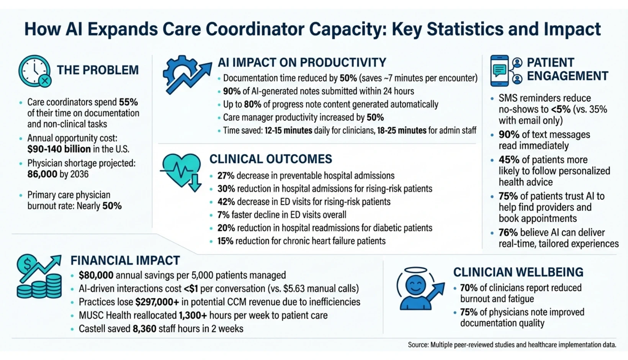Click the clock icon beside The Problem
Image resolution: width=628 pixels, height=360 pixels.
(x=34, y=71)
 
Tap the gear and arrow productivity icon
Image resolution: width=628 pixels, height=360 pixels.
(x=186, y=75)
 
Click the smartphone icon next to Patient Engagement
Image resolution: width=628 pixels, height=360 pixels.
(x=500, y=71)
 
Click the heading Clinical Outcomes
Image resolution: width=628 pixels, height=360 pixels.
(x=270, y=159)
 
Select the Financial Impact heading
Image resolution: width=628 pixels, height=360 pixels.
(x=125, y=260)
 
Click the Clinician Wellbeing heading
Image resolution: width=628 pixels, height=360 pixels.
(x=518, y=272)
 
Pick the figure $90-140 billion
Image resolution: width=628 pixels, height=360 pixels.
(x=59, y=149)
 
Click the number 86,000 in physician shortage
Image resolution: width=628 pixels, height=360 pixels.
(x=42, y=174)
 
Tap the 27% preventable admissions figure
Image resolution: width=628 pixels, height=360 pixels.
(x=226, y=176)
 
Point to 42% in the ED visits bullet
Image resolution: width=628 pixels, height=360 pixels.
(x=226, y=202)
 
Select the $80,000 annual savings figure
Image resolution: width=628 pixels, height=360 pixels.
(x=96, y=275)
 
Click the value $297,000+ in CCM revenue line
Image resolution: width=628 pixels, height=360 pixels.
(x=157, y=302)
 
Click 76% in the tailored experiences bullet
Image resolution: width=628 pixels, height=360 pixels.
(x=508, y=232)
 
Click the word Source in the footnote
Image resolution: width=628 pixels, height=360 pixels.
(x=417, y=345)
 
